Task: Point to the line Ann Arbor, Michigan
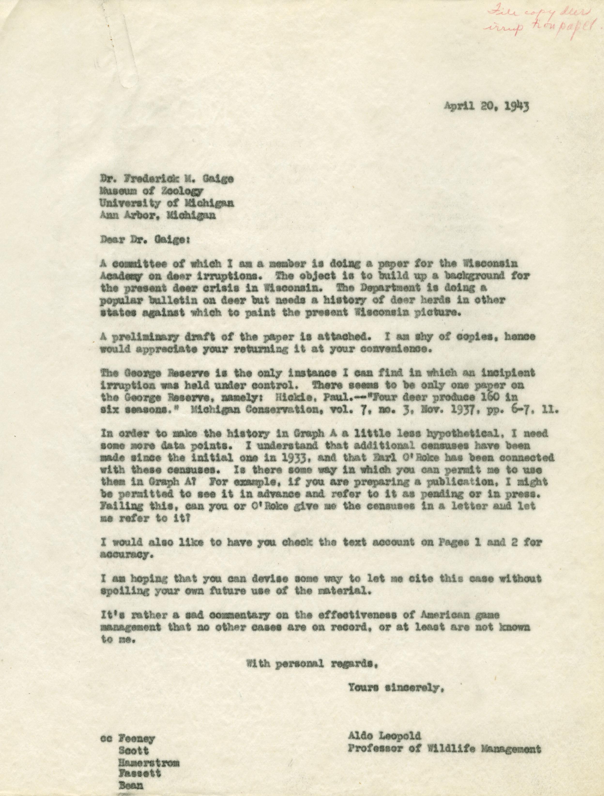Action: pyautogui.click(x=151, y=215)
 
